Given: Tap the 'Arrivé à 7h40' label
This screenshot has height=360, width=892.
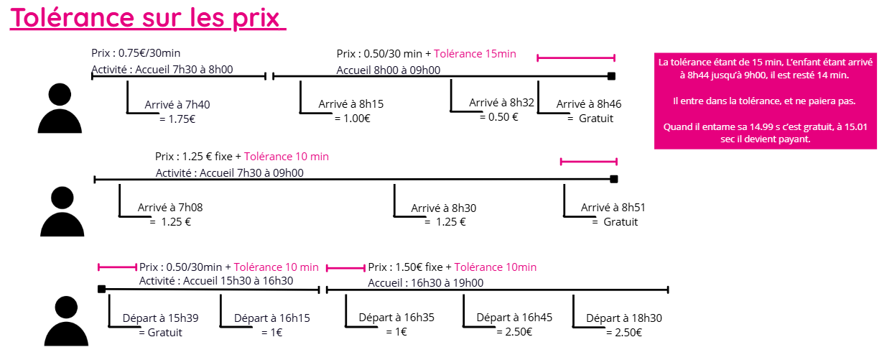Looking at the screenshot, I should (x=177, y=105).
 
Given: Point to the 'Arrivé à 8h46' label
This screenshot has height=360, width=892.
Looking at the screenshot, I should (x=589, y=104).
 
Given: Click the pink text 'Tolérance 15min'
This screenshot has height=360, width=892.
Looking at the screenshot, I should (x=475, y=54).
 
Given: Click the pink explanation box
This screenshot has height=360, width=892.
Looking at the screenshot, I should (x=766, y=101).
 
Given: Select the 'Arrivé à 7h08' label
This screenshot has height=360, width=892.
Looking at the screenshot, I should (x=170, y=208).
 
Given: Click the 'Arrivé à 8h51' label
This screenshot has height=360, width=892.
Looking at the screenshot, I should (x=613, y=208).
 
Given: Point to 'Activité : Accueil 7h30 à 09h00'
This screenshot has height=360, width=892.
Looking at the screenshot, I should (x=230, y=172).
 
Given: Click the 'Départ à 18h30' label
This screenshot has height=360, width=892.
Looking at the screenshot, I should (x=624, y=318).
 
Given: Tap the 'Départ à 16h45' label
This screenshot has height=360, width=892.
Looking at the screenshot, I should (x=514, y=318).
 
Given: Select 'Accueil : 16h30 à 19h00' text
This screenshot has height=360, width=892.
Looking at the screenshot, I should (x=426, y=283).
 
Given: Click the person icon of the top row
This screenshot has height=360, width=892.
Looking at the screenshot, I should (x=60, y=109).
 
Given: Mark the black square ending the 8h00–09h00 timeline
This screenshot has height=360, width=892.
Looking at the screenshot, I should (x=612, y=76).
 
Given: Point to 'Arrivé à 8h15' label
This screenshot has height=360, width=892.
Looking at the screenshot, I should (x=351, y=104).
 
